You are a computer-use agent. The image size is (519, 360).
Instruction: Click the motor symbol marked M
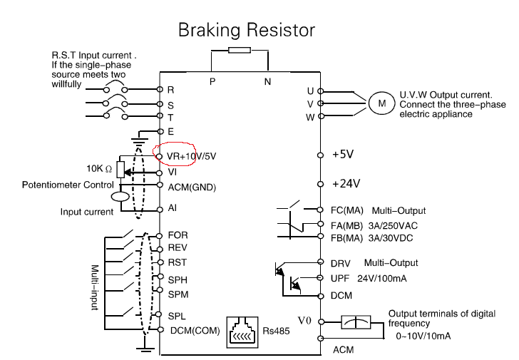382,103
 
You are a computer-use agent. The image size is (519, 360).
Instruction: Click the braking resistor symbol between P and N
239,50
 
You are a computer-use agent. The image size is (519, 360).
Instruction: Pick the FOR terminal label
178,235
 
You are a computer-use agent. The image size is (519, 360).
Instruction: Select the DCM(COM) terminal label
195,330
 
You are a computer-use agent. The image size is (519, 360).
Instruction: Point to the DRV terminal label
342,263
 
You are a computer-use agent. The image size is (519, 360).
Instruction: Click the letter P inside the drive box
212,82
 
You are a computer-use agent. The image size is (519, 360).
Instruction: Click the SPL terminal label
177,315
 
